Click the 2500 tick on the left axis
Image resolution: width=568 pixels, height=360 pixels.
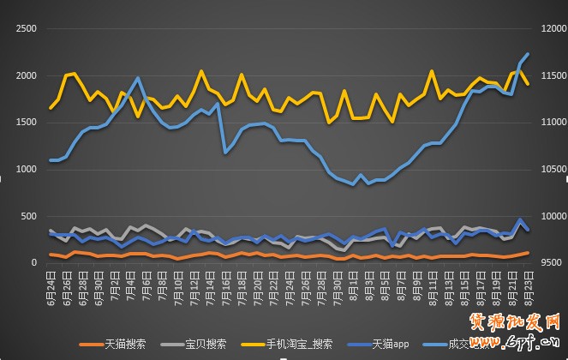(x=25, y=29)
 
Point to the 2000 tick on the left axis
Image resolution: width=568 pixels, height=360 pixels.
(x=25, y=76)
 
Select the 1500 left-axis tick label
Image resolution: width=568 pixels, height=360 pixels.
(x=25, y=123)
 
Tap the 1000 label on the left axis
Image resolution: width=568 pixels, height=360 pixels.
(x=25, y=170)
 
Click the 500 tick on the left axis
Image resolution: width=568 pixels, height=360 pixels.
(x=28, y=216)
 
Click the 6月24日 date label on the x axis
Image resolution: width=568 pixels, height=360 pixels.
(x=51, y=283)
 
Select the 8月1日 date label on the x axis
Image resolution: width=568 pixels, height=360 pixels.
(x=353, y=283)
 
